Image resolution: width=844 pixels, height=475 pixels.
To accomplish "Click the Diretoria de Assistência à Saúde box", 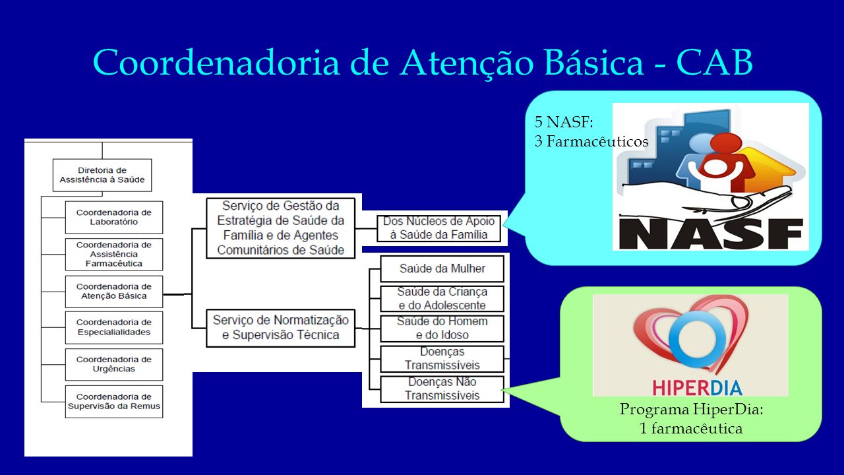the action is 102,175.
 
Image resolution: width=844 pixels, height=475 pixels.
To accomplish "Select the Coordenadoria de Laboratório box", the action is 114,217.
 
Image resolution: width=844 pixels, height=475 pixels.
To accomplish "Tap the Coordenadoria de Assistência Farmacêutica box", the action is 114,254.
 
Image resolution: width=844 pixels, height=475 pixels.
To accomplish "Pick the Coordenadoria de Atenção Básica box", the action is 114,292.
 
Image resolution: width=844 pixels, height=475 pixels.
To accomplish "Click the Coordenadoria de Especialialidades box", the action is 114,327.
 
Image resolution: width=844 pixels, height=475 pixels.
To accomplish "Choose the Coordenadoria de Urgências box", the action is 114,364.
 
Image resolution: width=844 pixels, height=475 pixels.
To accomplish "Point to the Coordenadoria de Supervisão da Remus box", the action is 114,402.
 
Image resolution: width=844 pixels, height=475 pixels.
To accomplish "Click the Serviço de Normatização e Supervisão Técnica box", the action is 281,328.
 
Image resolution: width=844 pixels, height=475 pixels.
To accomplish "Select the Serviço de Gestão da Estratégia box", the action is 281,228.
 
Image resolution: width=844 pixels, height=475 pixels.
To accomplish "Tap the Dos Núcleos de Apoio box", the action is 439,228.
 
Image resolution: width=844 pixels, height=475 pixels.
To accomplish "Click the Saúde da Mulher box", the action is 442,269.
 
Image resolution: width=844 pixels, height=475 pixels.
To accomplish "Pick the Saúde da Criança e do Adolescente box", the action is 442,299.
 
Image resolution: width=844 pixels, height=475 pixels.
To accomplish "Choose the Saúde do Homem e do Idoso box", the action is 442,329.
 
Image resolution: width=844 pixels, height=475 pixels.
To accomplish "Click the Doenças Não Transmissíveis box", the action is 442,389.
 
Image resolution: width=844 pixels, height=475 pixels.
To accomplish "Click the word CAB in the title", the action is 714,62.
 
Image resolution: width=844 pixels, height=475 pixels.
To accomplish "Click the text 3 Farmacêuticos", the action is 591,141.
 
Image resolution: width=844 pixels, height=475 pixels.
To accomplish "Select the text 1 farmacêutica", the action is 691,429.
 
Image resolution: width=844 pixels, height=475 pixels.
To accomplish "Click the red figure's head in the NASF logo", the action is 726,144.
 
